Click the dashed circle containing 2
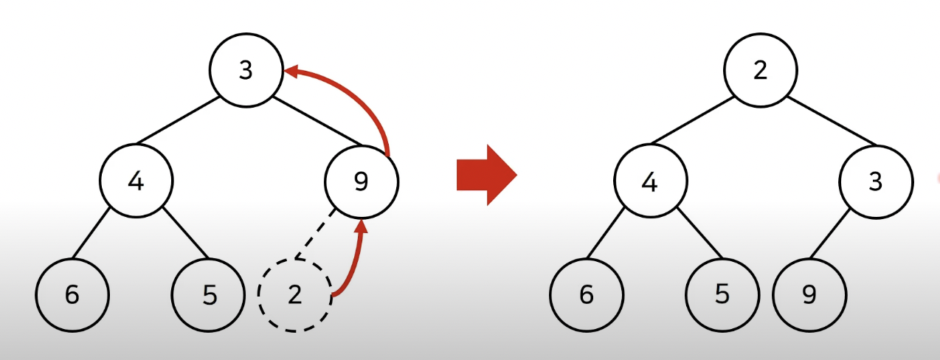click(295, 295)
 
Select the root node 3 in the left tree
click(246, 71)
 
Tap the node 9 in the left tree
click(361, 181)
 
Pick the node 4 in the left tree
click(136, 181)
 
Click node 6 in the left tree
click(72, 294)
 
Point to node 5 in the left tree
click(210, 294)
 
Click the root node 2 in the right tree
click(760, 71)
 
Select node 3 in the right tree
click(875, 181)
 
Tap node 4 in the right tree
click(650, 181)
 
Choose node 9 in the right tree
click(809, 294)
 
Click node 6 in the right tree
click(587, 294)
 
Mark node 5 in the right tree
click(722, 294)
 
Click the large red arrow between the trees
click(485, 176)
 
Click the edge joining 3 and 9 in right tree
click(828, 237)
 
